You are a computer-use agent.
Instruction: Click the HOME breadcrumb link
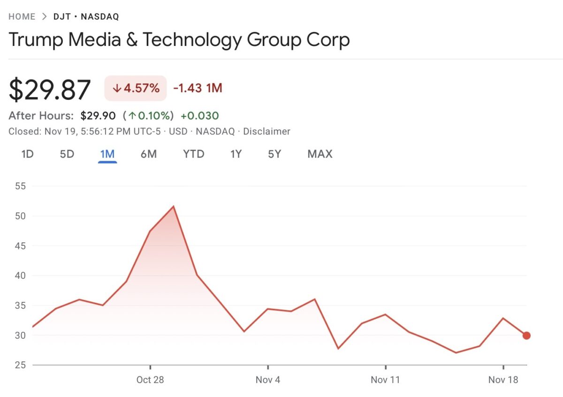pyautogui.click(x=22, y=17)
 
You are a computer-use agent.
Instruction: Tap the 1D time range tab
pyautogui.click(x=28, y=154)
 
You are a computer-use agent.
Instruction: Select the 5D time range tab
pyautogui.click(x=67, y=154)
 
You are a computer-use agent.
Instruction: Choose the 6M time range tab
pyautogui.click(x=149, y=154)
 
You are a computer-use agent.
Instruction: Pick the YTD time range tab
pyautogui.click(x=194, y=154)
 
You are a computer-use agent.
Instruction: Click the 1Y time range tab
pyautogui.click(x=236, y=154)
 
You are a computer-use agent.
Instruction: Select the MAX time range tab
pyautogui.click(x=320, y=154)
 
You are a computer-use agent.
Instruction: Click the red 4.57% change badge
pyautogui.click(x=136, y=88)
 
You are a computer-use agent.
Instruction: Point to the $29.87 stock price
pyautogui.click(x=50, y=90)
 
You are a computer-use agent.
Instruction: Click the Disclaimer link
pyautogui.click(x=267, y=132)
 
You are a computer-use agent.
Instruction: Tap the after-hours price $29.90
pyautogui.click(x=98, y=116)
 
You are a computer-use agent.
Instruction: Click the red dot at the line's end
pyautogui.click(x=526, y=336)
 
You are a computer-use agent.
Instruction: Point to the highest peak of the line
pyautogui.click(x=174, y=207)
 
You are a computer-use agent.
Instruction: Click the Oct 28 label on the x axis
pyautogui.click(x=150, y=380)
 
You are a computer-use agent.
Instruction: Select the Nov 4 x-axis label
pyautogui.click(x=268, y=380)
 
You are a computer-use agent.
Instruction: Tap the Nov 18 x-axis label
pyautogui.click(x=503, y=380)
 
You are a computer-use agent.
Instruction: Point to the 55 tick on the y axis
pyautogui.click(x=20, y=186)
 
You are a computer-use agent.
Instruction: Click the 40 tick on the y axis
pyautogui.click(x=20, y=276)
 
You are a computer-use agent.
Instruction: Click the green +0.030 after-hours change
pyautogui.click(x=200, y=116)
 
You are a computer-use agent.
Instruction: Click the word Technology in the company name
pyautogui.click(x=192, y=40)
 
